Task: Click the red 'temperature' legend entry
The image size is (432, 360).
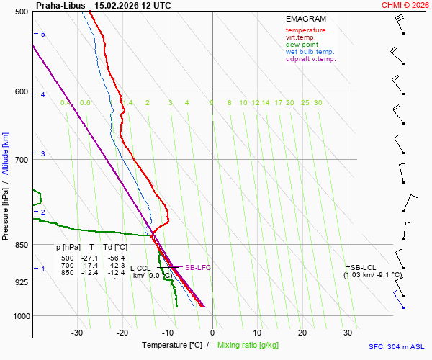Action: tap(305, 30)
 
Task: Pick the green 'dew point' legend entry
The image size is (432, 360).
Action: tap(302, 45)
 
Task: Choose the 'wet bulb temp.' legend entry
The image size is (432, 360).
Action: tap(310, 52)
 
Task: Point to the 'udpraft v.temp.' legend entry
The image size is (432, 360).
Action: tap(310, 59)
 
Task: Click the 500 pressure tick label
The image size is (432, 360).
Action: tap(21, 12)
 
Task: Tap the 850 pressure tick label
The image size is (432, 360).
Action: tap(21, 246)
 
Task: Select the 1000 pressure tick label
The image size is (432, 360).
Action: tap(19, 316)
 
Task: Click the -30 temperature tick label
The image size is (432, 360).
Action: tap(77, 333)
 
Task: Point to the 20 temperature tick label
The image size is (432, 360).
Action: tap(302, 333)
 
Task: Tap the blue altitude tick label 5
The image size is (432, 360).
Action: tap(43, 35)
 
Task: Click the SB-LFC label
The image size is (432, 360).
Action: tap(198, 268)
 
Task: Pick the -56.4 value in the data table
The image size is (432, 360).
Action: tap(116, 258)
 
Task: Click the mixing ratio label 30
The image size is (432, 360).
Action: tap(318, 103)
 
